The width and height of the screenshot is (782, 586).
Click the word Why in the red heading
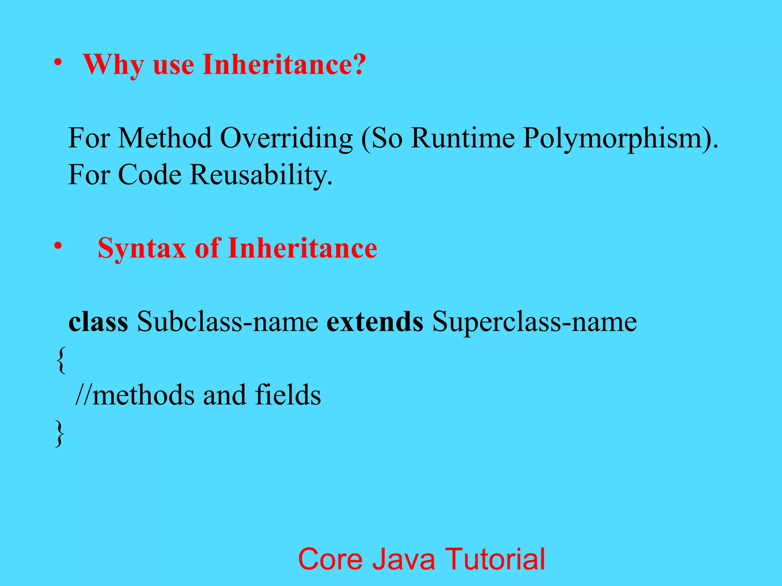[x=113, y=65]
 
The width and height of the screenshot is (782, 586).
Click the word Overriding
[x=286, y=138]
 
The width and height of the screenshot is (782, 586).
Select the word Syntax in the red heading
[x=141, y=249]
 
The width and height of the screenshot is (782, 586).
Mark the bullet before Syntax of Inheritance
[x=58, y=246]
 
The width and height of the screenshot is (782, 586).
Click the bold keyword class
[x=98, y=322]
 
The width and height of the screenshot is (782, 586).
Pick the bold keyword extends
[x=375, y=322]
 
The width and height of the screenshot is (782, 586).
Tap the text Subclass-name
[x=228, y=322]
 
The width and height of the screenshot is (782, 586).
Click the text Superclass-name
[x=534, y=322]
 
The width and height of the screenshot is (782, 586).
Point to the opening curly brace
[x=60, y=360]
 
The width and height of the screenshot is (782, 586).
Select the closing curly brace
[x=60, y=433]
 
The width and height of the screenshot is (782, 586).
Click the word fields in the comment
[x=288, y=395]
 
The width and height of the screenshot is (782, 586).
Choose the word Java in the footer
[x=404, y=559]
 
